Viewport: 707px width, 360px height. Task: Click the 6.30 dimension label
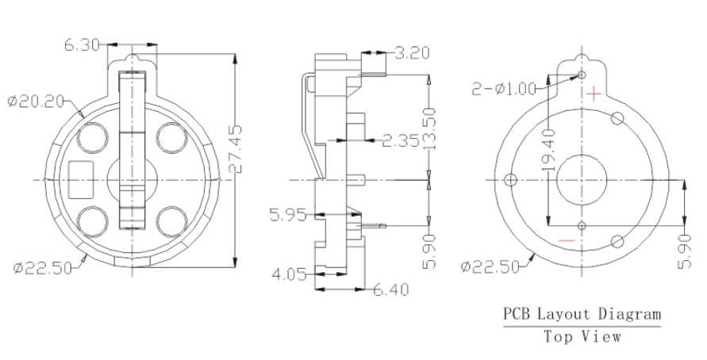(x=81, y=44)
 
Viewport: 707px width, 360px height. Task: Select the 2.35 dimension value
(x=401, y=141)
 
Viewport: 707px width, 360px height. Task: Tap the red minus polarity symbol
(x=567, y=239)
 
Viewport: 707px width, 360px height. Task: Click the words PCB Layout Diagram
(x=582, y=314)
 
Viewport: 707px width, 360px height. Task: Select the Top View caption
(x=582, y=336)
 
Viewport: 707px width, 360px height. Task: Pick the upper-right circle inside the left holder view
(x=171, y=137)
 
